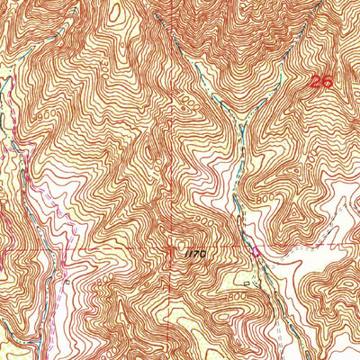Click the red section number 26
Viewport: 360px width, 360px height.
321,82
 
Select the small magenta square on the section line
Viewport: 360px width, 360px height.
255,252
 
